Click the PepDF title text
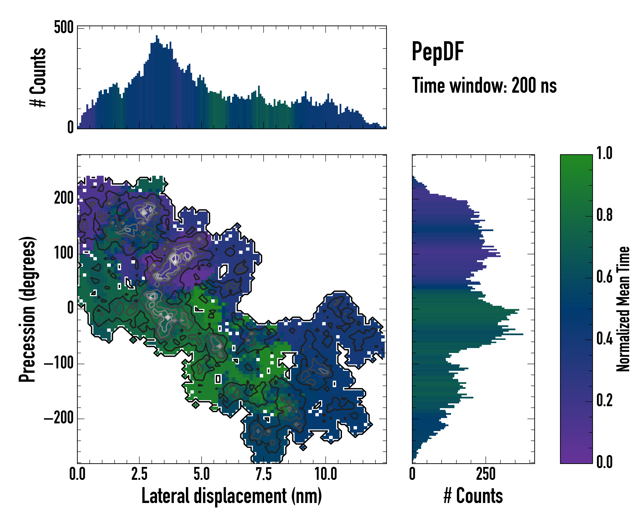click(437, 52)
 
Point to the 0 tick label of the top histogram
click(70, 127)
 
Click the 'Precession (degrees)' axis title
click(27, 309)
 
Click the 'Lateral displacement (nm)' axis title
click(231, 496)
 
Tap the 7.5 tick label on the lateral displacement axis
click(263, 474)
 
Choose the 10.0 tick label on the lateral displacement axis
click(326, 474)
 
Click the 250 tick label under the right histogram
click(486, 474)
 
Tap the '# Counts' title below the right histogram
click(473, 496)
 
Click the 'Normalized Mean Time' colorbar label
click(623, 309)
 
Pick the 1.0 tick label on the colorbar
click(604, 153)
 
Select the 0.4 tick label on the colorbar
click(604, 339)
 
